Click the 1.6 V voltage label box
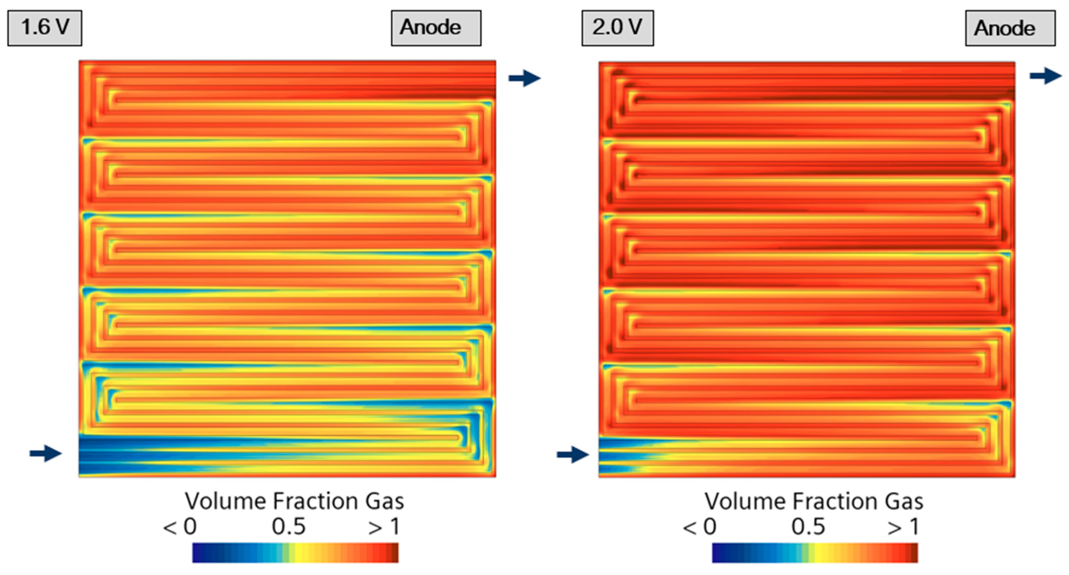45,28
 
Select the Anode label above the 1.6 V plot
436,28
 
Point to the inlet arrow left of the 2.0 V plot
572,454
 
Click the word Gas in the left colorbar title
384,501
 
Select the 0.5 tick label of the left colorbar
288,526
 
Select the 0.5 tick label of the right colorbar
808,526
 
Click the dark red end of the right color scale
913,553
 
